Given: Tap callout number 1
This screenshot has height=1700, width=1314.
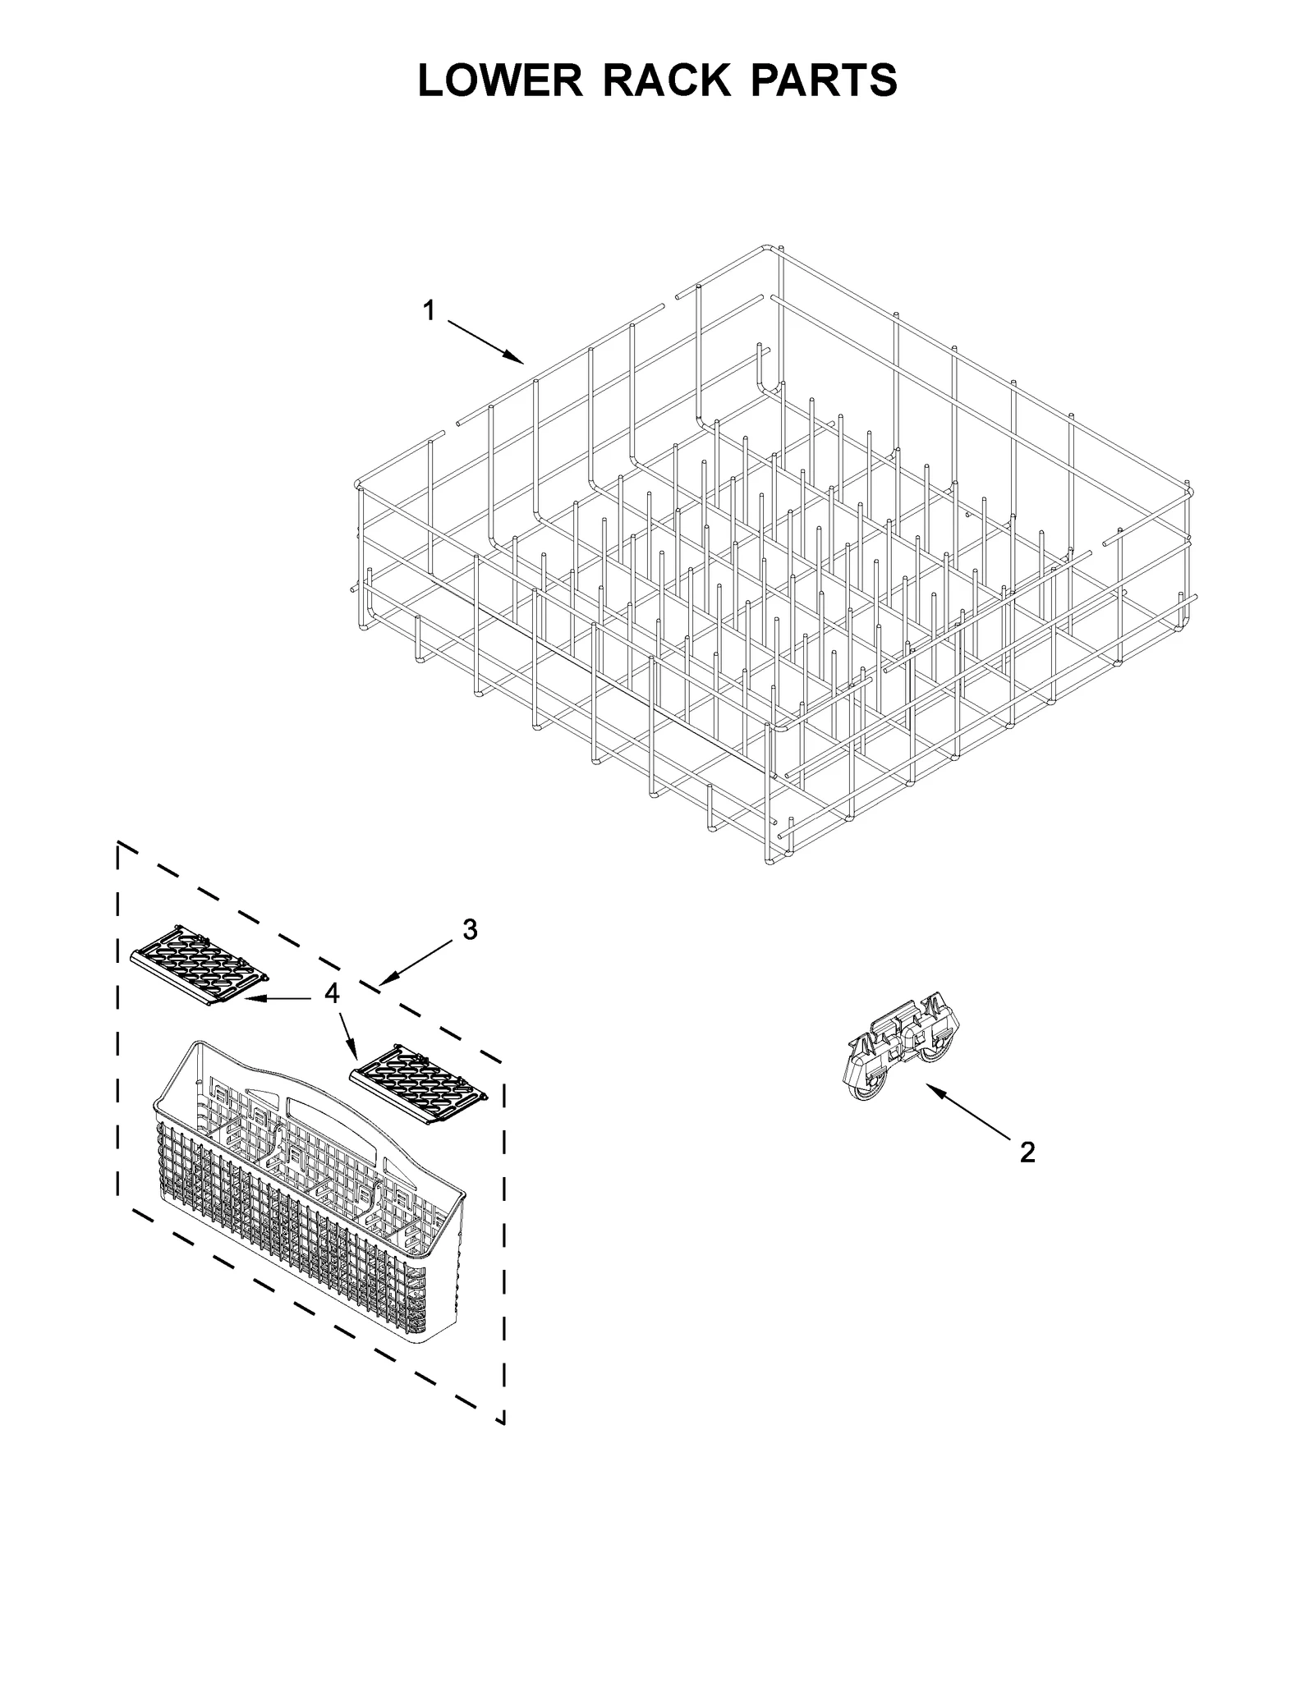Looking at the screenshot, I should coord(429,311).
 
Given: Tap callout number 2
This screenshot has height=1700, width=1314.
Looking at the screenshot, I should coord(1027,1152).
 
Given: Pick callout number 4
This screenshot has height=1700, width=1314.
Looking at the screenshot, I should coord(331,994).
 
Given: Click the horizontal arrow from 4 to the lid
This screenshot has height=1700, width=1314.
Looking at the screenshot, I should coord(276,998).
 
